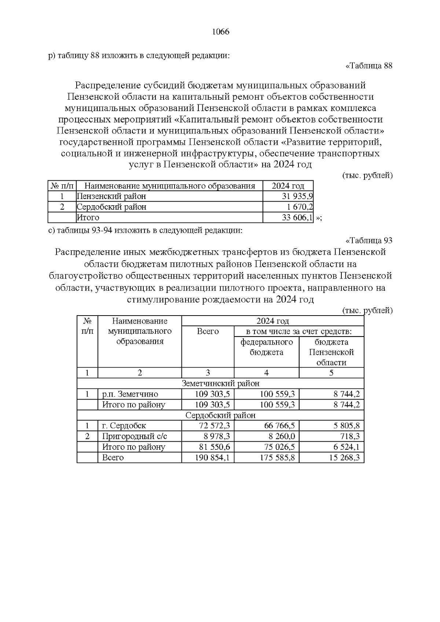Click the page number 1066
click(x=221, y=32)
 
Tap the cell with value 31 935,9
click(x=297, y=196)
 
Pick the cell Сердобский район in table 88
click(x=111, y=207)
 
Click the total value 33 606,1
click(x=297, y=218)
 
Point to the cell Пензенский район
click(x=111, y=196)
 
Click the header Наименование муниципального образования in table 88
click(x=170, y=186)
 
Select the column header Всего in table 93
click(x=208, y=332)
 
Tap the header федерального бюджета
click(x=267, y=347)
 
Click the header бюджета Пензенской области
click(x=331, y=352)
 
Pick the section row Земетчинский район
click(x=220, y=383)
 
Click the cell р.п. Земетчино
click(x=130, y=394)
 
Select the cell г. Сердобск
click(x=124, y=426)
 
